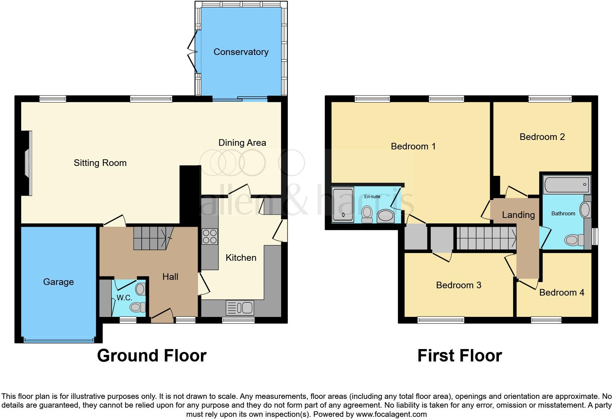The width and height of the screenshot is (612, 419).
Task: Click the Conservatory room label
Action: pyautogui.click(x=241, y=52)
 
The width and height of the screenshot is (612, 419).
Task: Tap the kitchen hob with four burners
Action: pyautogui.click(x=210, y=236)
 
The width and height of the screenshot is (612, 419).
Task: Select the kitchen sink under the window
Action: pyautogui.click(x=240, y=308)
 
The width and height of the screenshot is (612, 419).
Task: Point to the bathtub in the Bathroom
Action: pyautogui.click(x=567, y=185)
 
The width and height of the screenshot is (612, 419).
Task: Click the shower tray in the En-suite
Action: pyautogui.click(x=343, y=205)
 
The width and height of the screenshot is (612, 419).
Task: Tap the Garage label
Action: pyautogui.click(x=59, y=282)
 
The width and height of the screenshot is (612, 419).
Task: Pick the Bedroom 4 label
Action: pyautogui.click(x=561, y=292)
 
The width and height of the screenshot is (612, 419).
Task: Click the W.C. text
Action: pyautogui.click(x=124, y=298)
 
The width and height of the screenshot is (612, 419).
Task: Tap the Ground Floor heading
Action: pyautogui.click(x=152, y=356)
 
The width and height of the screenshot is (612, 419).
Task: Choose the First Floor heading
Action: pyautogui.click(x=459, y=356)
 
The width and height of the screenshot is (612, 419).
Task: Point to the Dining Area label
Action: pyautogui.click(x=242, y=142)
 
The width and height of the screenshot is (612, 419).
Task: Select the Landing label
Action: pyautogui.click(x=518, y=215)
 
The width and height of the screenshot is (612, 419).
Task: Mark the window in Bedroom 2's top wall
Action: pyautogui.click(x=550, y=99)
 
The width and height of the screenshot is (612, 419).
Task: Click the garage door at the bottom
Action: pyautogui.click(x=59, y=340)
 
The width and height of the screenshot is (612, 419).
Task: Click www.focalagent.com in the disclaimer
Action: pyautogui.click(x=391, y=415)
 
